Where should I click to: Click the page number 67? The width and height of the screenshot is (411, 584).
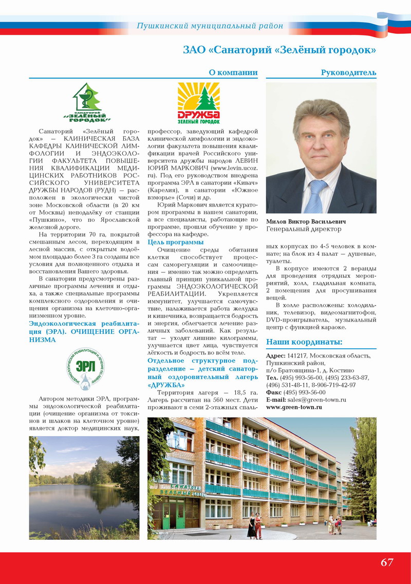pos(387,562)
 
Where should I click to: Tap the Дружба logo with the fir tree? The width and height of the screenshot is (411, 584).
pos(198,103)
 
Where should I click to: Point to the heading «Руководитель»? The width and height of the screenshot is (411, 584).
pos(348,72)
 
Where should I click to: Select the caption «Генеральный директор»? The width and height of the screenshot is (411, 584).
pos(303,229)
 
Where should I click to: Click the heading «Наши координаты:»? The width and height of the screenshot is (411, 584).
pos(304,343)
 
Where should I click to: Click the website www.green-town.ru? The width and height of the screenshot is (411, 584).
pos(294,407)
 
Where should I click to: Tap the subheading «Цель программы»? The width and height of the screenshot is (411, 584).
pos(176,242)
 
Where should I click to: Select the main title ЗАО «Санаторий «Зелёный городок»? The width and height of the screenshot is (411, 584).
pos(279,50)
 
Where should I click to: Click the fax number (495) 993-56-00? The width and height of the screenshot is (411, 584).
pos(306,392)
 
